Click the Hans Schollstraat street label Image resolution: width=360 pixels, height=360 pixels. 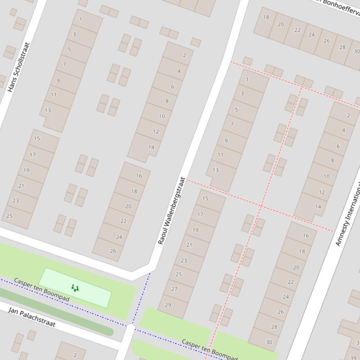tap(19, 67)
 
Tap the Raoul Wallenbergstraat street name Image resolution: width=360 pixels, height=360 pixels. tap(172, 211)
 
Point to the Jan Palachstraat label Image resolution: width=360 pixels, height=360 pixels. tap(31, 317)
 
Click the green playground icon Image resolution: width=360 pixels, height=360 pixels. tap(74, 288)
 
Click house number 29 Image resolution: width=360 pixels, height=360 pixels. tap(168, 305)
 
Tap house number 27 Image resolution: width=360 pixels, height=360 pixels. tap(175, 289)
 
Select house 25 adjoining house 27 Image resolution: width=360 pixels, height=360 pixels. tap(179, 274)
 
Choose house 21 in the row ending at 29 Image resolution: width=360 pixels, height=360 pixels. tap(189, 245)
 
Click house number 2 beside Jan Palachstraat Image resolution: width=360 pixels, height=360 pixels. tap(74, 355)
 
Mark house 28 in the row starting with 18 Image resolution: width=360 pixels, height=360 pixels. tap(342, 47)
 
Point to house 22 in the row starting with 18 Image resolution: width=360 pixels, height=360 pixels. tap(297, 30)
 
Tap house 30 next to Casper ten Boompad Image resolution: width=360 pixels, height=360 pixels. tap(269, 342)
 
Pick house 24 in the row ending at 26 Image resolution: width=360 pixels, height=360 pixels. tap(119, 237)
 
